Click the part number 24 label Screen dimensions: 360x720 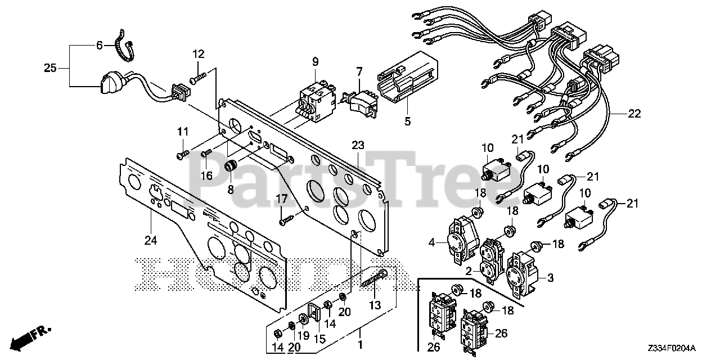[150, 241]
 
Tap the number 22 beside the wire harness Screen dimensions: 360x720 [634, 114]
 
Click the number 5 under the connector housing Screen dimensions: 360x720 [408, 120]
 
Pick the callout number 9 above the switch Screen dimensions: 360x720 [314, 61]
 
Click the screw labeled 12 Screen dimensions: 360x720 [200, 78]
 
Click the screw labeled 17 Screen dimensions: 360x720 [286, 219]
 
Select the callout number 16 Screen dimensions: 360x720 [207, 175]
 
